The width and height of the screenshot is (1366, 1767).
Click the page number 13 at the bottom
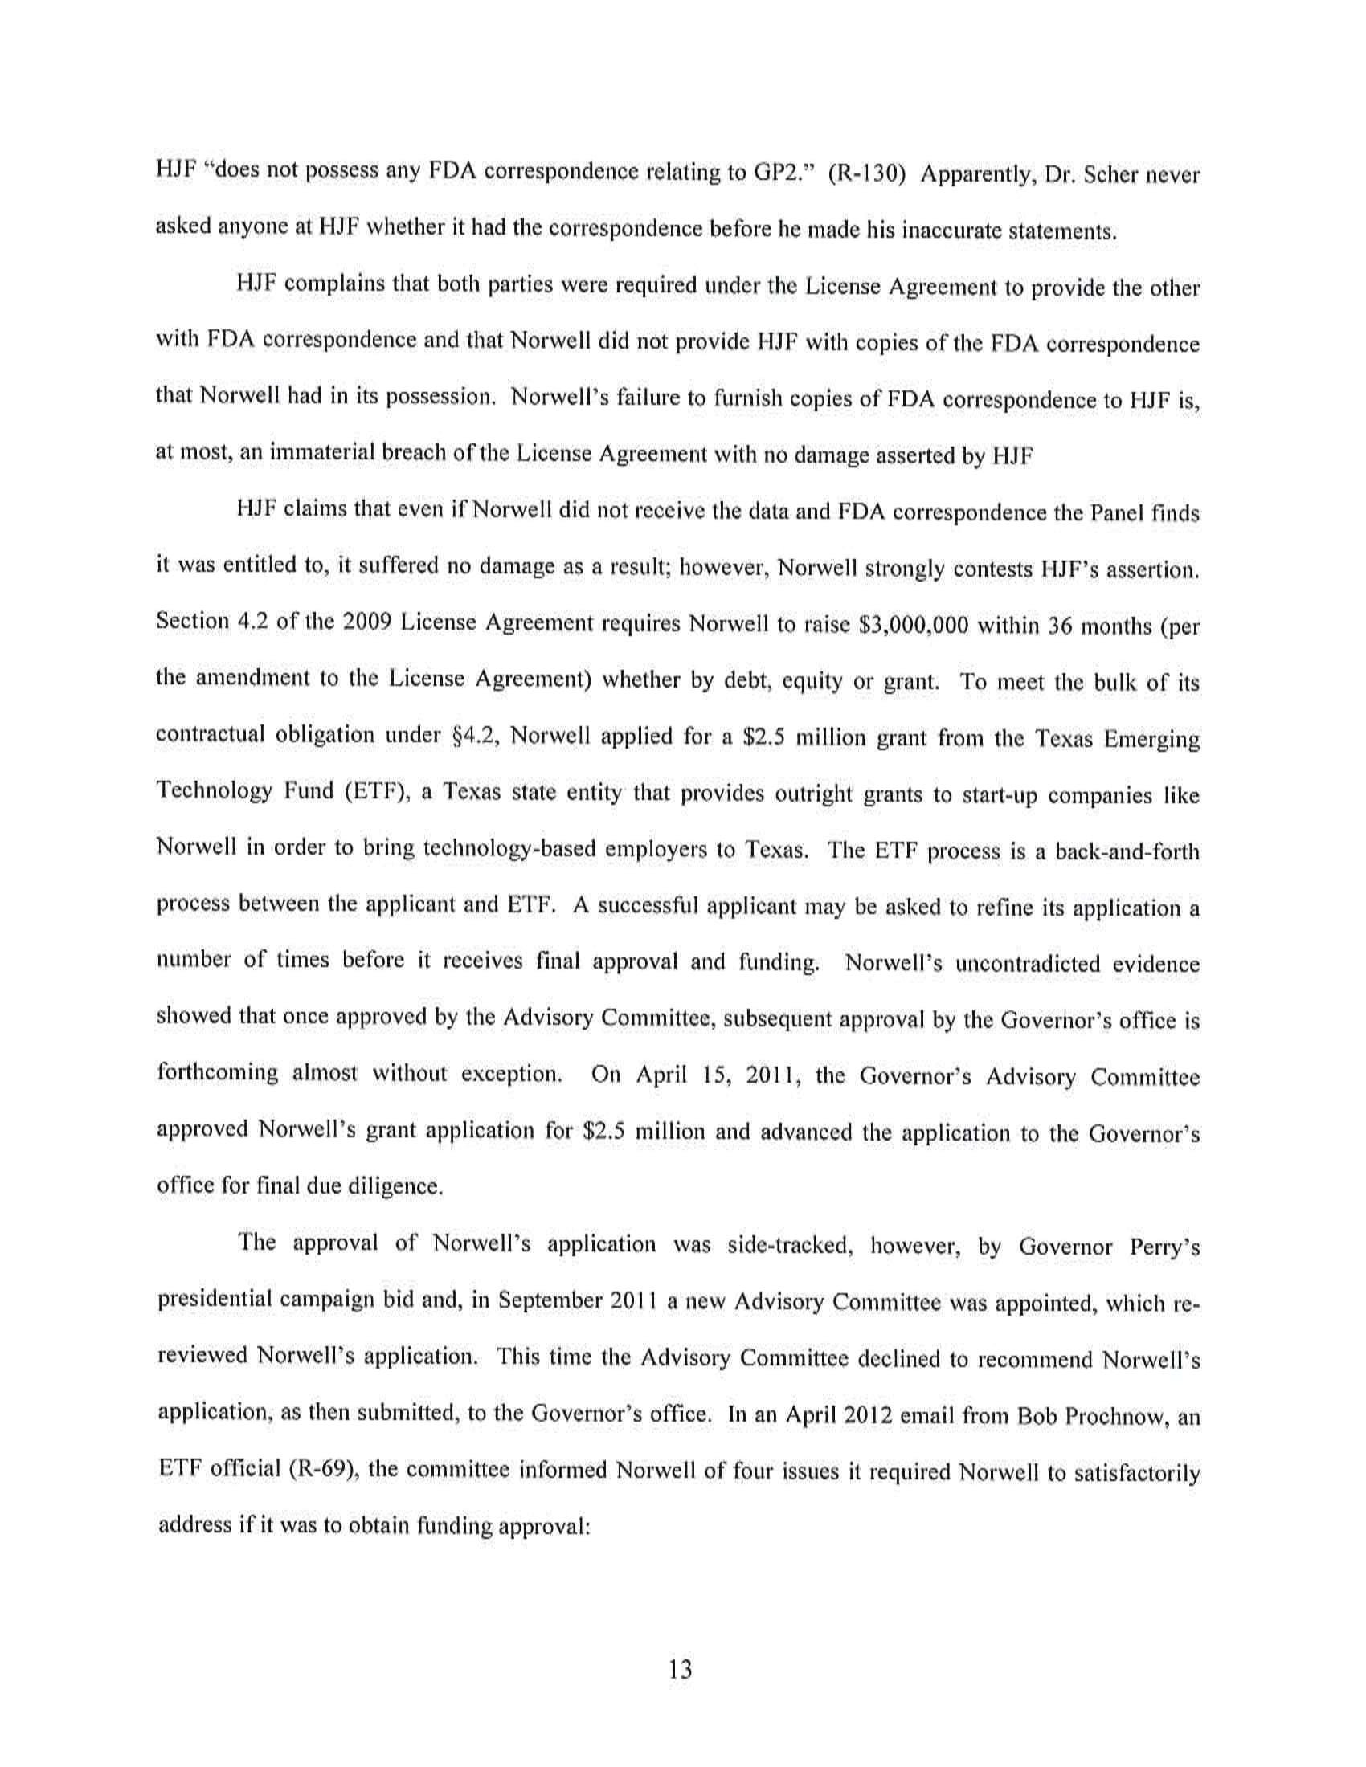681,1668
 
